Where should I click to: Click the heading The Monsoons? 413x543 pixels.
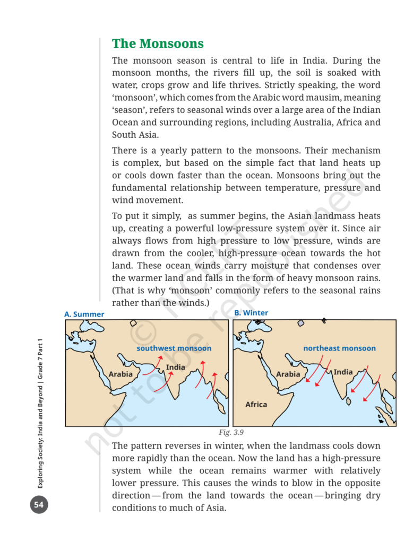158,43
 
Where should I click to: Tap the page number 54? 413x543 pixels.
38,504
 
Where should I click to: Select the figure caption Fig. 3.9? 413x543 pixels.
231,432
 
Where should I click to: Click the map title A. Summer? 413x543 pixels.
84,314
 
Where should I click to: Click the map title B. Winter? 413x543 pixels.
251,313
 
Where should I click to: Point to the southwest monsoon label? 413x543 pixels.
174,348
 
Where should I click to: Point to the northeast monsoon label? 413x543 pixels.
339,348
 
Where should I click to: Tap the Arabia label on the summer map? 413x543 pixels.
121,374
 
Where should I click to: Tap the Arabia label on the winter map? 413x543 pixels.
288,374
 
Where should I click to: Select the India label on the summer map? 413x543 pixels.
176,367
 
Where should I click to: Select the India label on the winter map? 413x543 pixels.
343,372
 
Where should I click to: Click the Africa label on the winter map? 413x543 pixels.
256,405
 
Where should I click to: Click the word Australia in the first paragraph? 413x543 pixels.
310,122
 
